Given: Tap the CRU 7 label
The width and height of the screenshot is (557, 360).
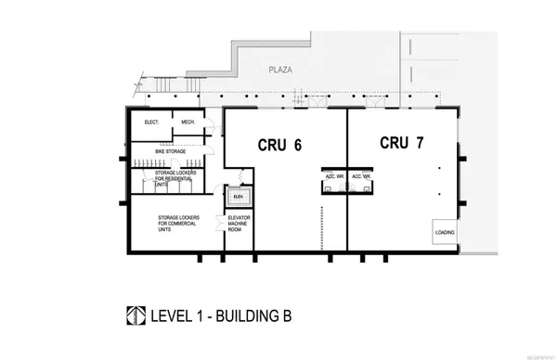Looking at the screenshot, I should click(x=400, y=143).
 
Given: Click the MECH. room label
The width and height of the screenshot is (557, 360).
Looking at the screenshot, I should click(x=188, y=122).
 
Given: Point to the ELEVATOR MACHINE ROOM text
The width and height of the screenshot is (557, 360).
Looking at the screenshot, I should click(x=240, y=225).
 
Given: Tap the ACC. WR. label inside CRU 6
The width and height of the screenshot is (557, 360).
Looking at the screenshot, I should click(x=330, y=175).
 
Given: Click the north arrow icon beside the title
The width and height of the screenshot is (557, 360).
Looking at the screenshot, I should click(x=136, y=315).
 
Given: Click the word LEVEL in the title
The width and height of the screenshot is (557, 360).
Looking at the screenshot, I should click(x=174, y=315).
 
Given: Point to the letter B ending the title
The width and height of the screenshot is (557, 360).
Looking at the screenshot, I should click(x=285, y=315).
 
